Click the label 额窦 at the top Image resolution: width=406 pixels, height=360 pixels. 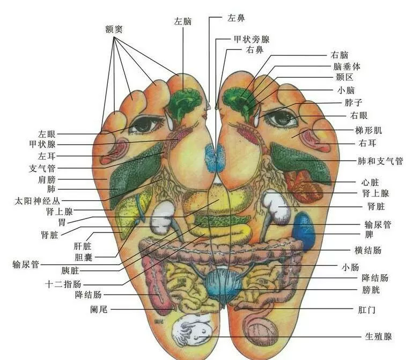pyautogui.click(x=114, y=28)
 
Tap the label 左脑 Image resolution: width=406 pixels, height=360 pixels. pyautogui.click(x=183, y=21)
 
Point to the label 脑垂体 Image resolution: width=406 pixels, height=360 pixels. pyautogui.click(x=347, y=66)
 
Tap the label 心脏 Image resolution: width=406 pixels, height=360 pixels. pyautogui.click(x=371, y=182)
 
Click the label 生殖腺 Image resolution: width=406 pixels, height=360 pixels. pyautogui.click(x=379, y=336)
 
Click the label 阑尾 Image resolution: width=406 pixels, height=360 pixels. pyautogui.click(x=99, y=309)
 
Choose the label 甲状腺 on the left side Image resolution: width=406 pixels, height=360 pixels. pyautogui.click(x=42, y=144)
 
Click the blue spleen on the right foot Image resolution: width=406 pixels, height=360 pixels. pyautogui.click(x=304, y=230)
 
